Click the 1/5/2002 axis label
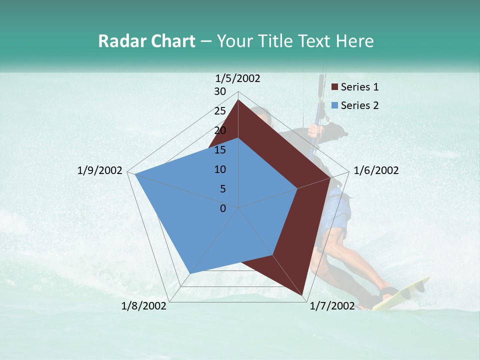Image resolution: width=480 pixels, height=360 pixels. click(x=237, y=78)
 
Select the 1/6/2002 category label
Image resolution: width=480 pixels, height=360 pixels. click(x=376, y=170)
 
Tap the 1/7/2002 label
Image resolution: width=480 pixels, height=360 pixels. click(x=332, y=305)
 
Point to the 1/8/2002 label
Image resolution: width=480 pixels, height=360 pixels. click(x=144, y=305)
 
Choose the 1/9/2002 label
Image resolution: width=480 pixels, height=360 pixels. click(x=100, y=170)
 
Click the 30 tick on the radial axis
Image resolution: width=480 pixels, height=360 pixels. click(x=220, y=91)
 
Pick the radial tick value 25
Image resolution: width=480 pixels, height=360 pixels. click(x=220, y=111)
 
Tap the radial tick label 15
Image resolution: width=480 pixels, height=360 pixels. click(x=220, y=150)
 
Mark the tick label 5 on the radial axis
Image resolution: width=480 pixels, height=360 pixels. click(x=222, y=189)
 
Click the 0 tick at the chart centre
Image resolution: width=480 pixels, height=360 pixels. click(x=223, y=208)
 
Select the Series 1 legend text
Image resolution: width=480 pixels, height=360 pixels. click(x=359, y=87)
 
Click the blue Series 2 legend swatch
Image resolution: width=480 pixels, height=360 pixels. click(x=335, y=105)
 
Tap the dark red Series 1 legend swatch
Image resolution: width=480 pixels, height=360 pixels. click(x=335, y=87)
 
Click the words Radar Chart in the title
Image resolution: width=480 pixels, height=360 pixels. click(x=146, y=41)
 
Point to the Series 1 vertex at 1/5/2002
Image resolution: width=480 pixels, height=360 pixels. click(x=238, y=100)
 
